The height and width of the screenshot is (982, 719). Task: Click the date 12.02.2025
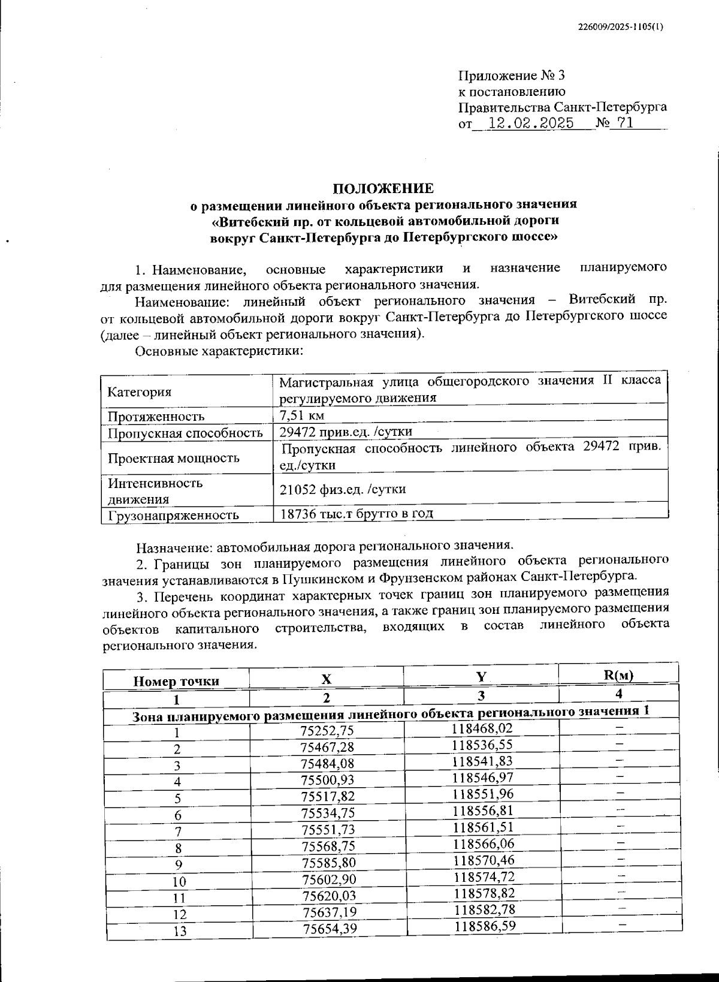click(x=531, y=123)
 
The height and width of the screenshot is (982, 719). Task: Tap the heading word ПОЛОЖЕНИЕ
click(x=383, y=188)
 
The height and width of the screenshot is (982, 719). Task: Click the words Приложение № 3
click(x=511, y=76)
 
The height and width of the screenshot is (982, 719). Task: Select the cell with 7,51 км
click(x=303, y=415)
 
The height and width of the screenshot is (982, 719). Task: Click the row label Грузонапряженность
click(x=173, y=515)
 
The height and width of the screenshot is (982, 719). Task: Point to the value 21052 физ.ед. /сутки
click(x=343, y=489)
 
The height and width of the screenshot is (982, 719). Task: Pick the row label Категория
click(x=139, y=392)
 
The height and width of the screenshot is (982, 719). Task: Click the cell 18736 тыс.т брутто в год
click(x=356, y=513)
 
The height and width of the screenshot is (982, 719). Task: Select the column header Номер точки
click(x=176, y=681)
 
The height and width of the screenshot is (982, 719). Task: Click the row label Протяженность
click(x=156, y=416)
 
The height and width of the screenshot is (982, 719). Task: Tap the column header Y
click(x=481, y=676)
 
